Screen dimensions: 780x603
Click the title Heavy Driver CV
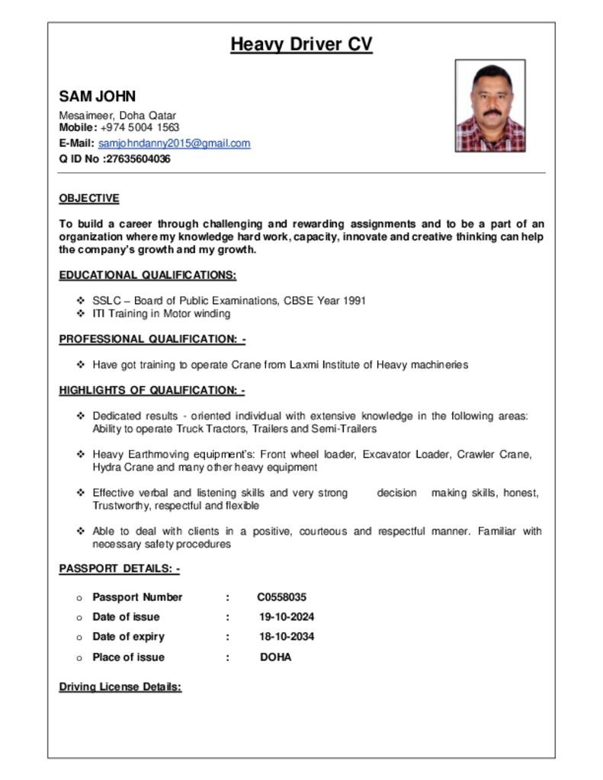click(301, 44)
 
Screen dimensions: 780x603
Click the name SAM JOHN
click(98, 97)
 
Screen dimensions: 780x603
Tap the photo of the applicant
click(489, 106)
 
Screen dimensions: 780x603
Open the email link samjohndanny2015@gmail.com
click(174, 143)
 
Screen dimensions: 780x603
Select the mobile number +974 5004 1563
click(140, 127)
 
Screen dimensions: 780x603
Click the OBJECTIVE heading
click(89, 199)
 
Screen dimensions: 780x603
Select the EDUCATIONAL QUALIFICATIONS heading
click(148, 275)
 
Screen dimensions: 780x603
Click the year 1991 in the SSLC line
click(354, 300)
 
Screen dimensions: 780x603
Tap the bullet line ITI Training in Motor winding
click(161, 313)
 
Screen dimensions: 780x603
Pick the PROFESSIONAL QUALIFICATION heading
click(152, 339)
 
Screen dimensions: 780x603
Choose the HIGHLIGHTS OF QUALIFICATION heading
click(152, 391)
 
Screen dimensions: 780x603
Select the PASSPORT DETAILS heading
click(119, 569)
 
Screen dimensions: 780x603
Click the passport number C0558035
click(282, 597)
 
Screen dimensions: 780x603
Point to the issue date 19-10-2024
click(287, 617)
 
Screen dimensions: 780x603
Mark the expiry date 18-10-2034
click(287, 637)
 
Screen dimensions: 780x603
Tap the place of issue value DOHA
click(276, 657)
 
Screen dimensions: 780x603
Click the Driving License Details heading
click(120, 687)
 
